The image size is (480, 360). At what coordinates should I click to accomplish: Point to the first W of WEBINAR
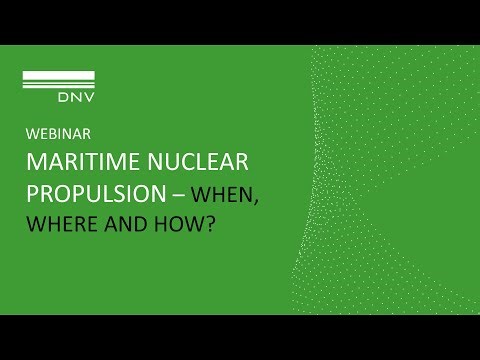[30, 132]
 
